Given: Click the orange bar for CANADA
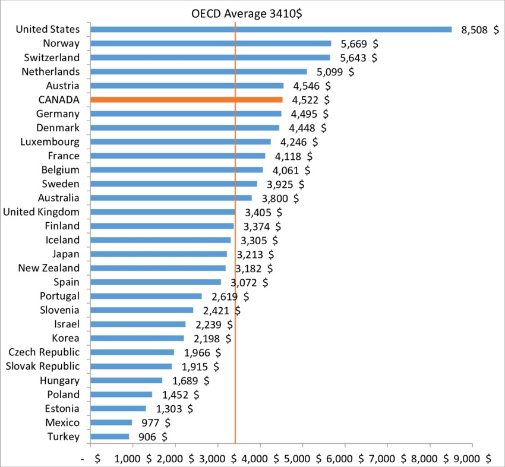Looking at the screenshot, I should (187, 100).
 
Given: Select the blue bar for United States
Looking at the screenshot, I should (271, 29).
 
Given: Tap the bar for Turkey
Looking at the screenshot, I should (110, 437).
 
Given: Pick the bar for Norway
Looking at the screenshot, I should (211, 43).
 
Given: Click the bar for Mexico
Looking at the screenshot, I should (111, 422).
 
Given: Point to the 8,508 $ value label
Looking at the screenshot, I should (479, 30).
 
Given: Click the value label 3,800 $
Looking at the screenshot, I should (280, 198).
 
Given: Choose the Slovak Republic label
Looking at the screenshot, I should (42, 366).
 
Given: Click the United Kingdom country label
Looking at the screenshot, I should (41, 212).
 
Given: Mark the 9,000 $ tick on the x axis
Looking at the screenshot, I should (472, 458).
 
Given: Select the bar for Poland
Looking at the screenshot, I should (121, 395).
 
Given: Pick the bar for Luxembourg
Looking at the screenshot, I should (181, 142).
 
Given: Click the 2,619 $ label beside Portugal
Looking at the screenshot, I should (229, 296).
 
